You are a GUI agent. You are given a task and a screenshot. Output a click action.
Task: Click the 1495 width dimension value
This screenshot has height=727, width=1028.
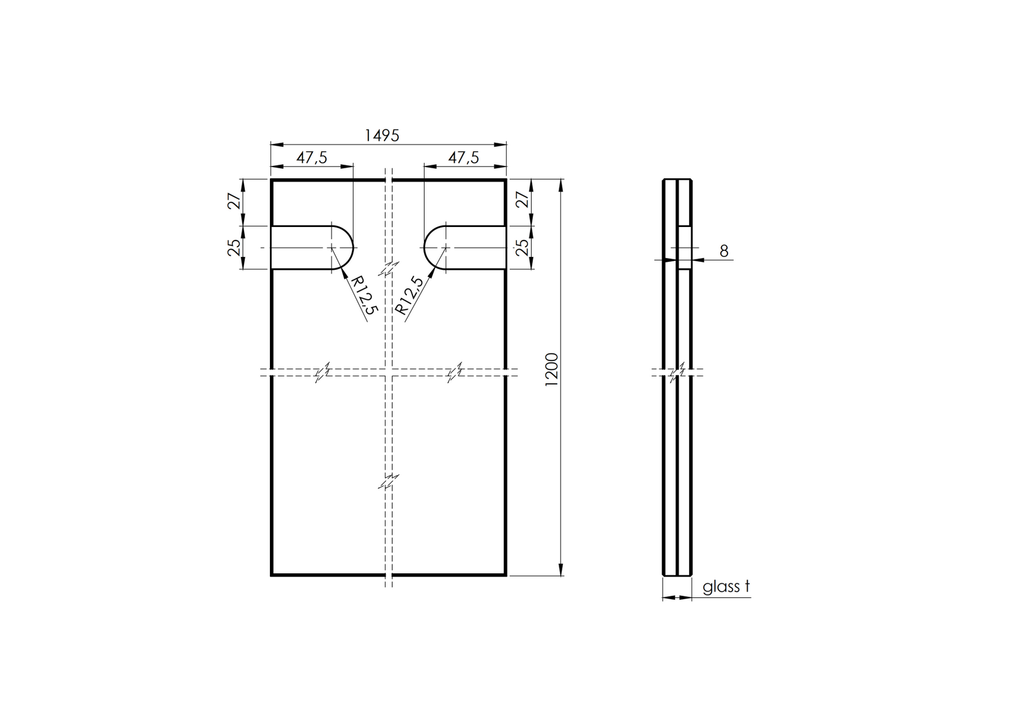382,135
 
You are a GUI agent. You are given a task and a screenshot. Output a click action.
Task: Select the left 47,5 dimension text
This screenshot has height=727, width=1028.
311,158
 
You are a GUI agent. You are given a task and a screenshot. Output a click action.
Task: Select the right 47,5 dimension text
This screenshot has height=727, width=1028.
463,158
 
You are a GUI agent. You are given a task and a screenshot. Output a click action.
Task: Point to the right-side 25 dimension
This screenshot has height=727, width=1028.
523,247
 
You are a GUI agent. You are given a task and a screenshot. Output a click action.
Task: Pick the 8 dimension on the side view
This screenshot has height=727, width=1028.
724,252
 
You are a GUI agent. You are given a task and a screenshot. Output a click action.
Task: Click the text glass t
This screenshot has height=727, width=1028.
726,587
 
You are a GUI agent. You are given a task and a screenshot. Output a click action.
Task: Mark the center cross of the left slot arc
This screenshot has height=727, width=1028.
332,247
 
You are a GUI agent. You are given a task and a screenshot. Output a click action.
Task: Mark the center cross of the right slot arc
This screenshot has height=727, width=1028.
445,247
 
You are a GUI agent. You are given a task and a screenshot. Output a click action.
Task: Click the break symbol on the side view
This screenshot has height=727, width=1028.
677,372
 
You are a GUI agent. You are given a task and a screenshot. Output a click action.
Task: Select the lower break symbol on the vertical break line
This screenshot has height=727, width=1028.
387,482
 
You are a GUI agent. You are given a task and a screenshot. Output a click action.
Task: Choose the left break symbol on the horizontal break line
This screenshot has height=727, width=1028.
323,372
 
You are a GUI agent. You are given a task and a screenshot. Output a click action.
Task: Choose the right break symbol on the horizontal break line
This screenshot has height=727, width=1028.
455,372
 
